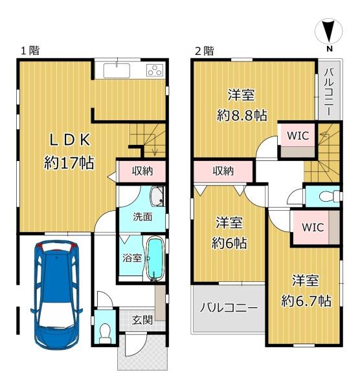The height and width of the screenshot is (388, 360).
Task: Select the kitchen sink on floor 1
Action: pos(117,70)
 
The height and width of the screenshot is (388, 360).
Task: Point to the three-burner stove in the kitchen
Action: pos(155,70)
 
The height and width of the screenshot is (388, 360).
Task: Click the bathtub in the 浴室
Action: pos(155,259)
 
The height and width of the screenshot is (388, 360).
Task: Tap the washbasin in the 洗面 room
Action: pos(157,196)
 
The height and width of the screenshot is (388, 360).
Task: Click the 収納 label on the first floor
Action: pos(142,171)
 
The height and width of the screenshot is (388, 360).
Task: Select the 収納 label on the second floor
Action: pos(223,171)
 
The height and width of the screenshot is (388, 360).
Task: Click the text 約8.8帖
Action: pos(242,115)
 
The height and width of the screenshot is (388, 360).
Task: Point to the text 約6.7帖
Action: pos(306,301)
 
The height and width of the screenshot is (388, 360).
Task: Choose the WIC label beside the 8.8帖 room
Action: pos(298,135)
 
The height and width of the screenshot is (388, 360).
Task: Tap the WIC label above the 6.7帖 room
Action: pos(313,227)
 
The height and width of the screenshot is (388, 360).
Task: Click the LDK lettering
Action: pos(70,140)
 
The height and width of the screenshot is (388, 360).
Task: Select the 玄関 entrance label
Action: pos(142,320)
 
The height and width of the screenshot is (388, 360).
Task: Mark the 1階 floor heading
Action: pos(30,50)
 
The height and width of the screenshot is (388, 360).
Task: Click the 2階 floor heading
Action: pos(205,51)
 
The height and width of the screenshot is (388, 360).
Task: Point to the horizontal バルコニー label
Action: pos(229,308)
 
